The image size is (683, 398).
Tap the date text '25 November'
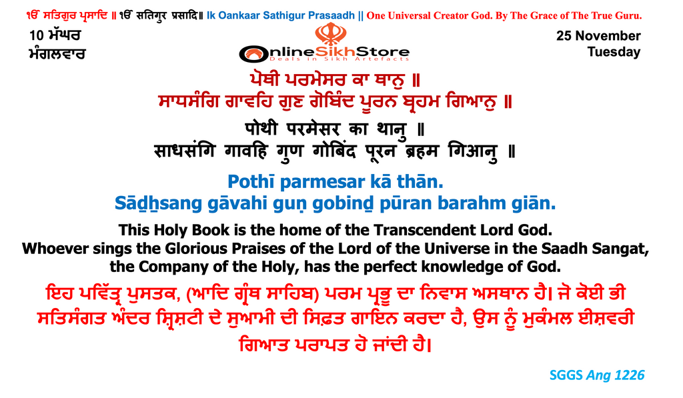click(x=598, y=36)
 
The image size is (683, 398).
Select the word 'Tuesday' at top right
click(x=614, y=52)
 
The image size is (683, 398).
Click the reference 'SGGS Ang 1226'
click(x=596, y=375)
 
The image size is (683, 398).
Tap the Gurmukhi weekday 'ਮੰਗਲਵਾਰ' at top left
click(x=57, y=53)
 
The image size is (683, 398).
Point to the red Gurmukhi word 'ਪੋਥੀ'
click(x=273, y=81)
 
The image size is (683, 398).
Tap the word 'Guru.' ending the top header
click(x=662, y=15)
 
